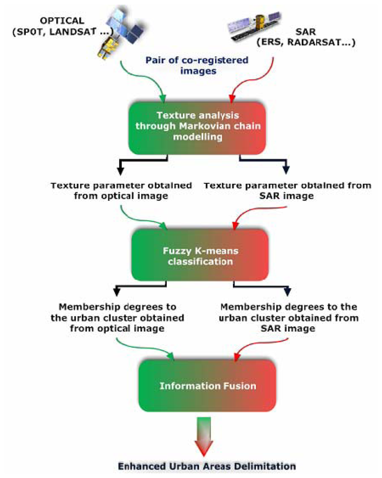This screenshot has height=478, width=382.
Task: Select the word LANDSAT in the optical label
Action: (x=73, y=32)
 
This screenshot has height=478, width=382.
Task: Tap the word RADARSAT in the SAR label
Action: (x=313, y=42)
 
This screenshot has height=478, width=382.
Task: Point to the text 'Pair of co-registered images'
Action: (x=197, y=65)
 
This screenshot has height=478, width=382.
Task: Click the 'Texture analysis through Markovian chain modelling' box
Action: (x=197, y=126)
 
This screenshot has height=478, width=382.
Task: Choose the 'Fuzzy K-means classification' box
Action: (x=200, y=256)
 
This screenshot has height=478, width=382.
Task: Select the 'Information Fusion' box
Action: (x=207, y=386)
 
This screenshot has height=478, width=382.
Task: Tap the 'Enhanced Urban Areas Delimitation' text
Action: (x=207, y=466)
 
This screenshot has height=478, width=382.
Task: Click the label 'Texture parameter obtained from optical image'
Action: (x=121, y=191)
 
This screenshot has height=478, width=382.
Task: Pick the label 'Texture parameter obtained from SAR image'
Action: (x=287, y=191)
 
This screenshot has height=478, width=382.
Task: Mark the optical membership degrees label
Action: (x=117, y=318)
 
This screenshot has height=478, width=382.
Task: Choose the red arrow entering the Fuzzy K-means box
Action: (x=257, y=216)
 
